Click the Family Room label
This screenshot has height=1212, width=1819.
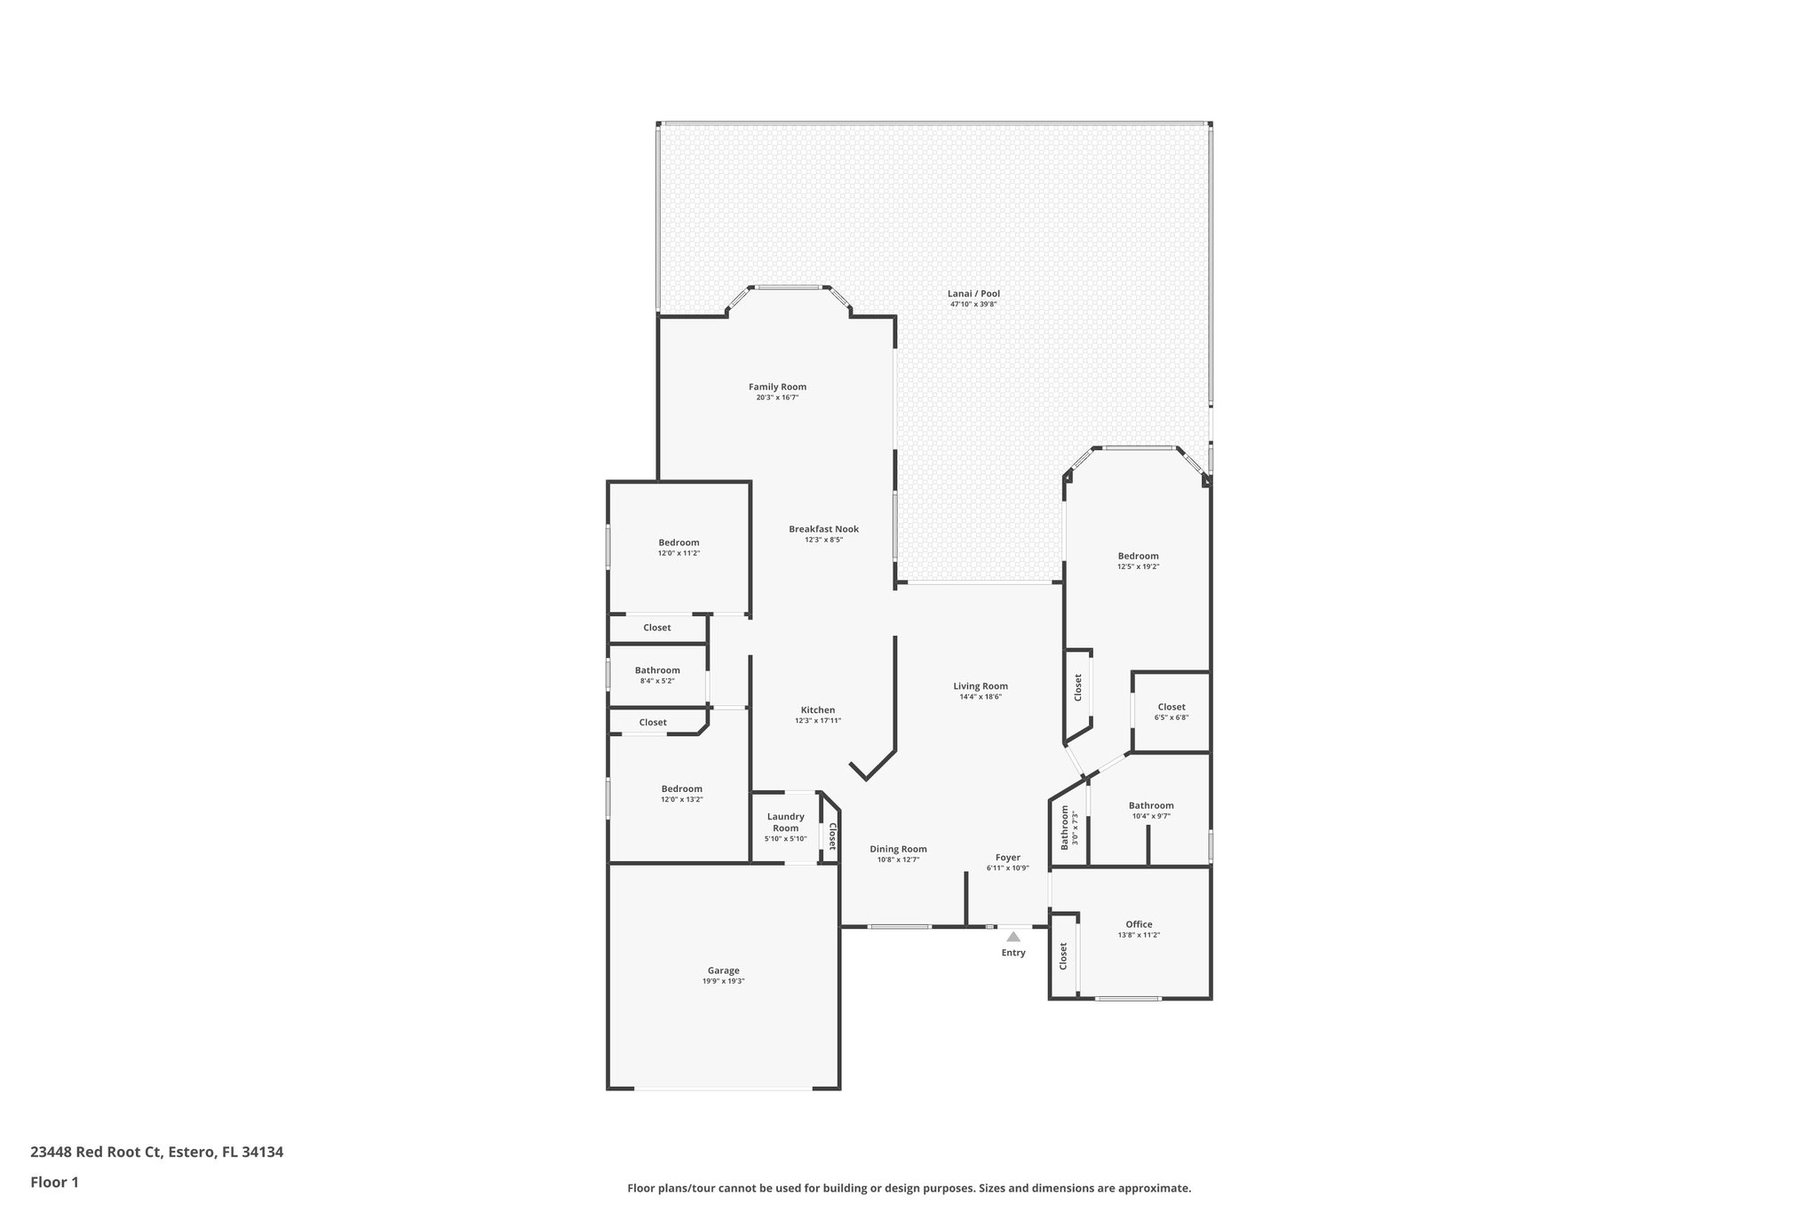tap(777, 386)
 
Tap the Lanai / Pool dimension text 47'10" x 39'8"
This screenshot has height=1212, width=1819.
tap(973, 305)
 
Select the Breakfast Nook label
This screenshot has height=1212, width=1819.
tap(823, 529)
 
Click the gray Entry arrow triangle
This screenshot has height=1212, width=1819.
tap(1013, 936)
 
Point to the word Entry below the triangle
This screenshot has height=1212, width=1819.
tap(1013, 953)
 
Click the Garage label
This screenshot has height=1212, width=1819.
tap(723, 970)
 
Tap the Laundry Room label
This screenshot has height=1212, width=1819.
tap(786, 822)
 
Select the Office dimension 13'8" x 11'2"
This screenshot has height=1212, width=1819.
tap(1139, 935)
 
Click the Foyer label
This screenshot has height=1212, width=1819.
tap(1007, 858)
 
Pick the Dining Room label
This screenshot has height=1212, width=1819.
tap(898, 849)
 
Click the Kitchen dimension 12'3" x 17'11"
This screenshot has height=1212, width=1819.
tap(818, 721)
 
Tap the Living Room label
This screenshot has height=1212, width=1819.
tap(981, 685)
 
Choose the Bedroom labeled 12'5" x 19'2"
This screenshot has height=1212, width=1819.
tap(1138, 556)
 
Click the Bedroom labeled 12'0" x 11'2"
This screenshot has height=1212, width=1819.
tap(679, 543)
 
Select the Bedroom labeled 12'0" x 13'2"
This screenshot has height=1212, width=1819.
tap(681, 788)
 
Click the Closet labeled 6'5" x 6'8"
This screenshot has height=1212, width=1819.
tap(1172, 707)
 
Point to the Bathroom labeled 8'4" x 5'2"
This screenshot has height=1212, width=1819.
tap(657, 670)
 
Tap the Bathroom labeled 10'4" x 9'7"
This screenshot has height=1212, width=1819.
tap(1151, 805)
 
